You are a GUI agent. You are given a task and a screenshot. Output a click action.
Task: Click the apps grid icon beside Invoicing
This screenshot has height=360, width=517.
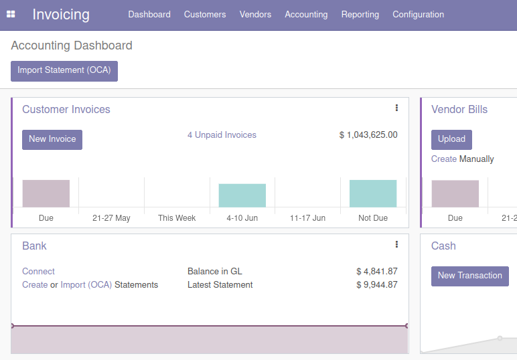point(11,14)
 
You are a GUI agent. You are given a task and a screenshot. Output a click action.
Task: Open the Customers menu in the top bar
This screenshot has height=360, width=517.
point(205,14)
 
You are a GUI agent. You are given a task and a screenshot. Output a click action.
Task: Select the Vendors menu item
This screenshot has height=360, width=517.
point(255,14)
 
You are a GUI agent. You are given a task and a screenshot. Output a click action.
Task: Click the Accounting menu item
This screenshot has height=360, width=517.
point(306,14)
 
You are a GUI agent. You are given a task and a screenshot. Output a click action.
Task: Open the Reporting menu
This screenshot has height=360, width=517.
point(360,14)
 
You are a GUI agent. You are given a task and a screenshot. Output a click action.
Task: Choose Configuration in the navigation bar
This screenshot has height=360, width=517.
point(418,14)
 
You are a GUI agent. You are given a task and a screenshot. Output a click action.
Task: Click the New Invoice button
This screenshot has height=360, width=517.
point(52,139)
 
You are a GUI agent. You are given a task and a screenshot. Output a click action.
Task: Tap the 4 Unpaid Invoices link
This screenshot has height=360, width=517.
point(222,135)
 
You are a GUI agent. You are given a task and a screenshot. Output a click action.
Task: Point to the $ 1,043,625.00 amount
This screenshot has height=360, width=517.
point(368,135)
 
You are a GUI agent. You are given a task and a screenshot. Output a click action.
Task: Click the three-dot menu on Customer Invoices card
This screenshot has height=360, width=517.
point(396,108)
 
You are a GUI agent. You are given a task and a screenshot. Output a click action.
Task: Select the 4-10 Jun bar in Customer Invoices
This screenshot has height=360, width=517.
point(242,195)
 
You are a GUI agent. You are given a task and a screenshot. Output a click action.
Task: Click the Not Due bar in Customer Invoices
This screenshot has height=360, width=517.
point(373,193)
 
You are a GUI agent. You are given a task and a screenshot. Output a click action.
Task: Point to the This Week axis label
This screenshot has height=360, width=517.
point(177,218)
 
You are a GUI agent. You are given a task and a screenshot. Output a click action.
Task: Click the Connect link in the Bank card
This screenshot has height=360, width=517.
point(38,272)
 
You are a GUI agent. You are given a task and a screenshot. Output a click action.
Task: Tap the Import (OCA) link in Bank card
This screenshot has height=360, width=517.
point(86,285)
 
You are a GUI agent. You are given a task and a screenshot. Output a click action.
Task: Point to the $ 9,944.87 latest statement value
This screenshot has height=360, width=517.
point(376,285)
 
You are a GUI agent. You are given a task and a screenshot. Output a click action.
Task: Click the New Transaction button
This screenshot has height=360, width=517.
point(469,276)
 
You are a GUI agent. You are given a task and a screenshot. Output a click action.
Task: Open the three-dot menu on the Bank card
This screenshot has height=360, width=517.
point(396,244)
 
